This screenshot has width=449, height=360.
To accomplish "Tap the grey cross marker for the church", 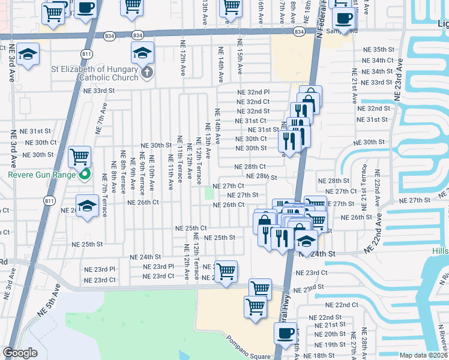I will point(146,73).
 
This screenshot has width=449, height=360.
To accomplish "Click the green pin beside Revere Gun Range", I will point(85,175).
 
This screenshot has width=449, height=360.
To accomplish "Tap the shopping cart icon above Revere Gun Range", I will point(79,157).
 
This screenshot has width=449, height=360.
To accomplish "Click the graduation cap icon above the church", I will point(142,53).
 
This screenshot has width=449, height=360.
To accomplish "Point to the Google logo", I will point(20,353).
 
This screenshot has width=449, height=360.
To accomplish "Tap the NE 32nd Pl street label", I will point(253,92).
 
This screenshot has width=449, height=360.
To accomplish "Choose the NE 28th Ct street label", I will point(250,167).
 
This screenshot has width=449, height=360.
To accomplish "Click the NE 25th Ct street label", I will point(191,228).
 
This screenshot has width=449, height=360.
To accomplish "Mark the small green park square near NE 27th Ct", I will point(209,193).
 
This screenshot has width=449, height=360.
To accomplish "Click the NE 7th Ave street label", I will point(100,119).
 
